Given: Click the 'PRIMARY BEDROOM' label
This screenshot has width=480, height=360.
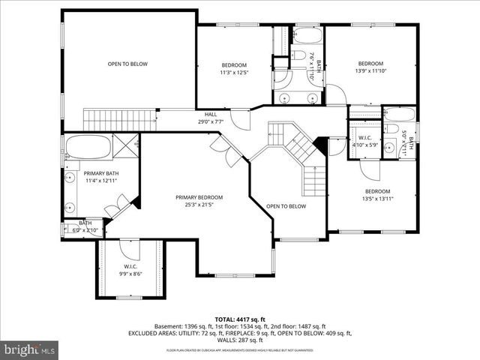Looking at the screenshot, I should (x=199, y=197).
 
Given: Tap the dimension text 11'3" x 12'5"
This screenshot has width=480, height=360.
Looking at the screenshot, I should (x=234, y=73).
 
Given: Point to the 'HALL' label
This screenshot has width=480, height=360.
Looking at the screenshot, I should (x=211, y=113).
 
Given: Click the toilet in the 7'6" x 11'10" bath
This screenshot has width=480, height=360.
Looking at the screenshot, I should (x=297, y=56).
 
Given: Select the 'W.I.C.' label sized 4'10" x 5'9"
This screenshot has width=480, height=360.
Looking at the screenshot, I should (x=365, y=138).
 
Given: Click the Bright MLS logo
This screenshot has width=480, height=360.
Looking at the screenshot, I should (x=30, y=349).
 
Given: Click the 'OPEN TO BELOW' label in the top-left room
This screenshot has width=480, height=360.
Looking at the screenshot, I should (x=127, y=64).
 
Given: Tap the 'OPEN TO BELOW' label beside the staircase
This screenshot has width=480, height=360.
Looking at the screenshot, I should (x=286, y=205).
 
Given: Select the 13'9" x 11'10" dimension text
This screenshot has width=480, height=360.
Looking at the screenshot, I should (x=370, y=71).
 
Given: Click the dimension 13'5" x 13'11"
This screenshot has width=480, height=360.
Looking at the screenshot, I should (x=378, y=199).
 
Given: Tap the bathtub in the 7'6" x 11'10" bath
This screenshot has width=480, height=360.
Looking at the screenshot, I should (x=306, y=35).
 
